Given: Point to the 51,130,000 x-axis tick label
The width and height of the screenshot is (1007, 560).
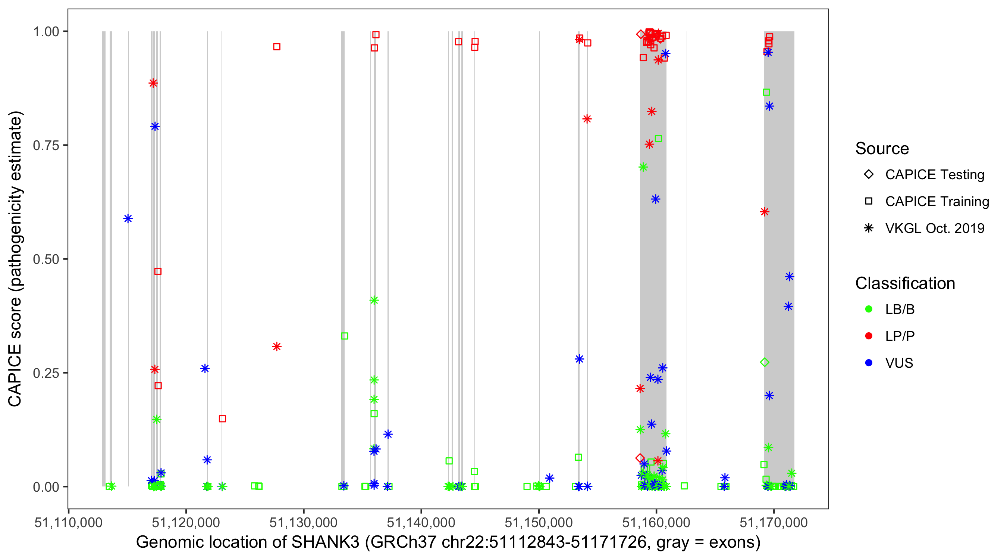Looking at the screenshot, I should pos(303,522).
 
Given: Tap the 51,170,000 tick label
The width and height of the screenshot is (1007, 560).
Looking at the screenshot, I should pos(774,522).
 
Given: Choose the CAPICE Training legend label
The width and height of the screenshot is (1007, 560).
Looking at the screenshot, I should pos(937,201).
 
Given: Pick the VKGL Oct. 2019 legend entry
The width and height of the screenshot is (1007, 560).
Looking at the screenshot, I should pos(934,228).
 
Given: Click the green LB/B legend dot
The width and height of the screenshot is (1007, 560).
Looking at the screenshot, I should pos(869,309).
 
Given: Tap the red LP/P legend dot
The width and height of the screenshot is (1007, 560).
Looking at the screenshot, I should pos(869,336).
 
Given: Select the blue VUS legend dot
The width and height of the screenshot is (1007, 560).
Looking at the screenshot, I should pos(869,363).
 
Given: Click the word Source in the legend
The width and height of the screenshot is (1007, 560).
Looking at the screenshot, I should pos(882,149).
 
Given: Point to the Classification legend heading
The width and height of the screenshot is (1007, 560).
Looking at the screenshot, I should pos(905,283).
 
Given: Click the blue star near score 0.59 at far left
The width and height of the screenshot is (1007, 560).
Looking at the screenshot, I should pos(128,219).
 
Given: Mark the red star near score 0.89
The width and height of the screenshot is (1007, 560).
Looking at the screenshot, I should pos(153,83).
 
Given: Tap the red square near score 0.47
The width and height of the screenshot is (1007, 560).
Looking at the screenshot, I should pos(158,271).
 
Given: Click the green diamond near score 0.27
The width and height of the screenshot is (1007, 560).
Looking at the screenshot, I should pos(765,363).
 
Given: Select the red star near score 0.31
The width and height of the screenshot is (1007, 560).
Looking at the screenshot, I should pos(277,347).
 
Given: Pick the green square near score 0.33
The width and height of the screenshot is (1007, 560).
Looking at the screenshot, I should pos(344,336).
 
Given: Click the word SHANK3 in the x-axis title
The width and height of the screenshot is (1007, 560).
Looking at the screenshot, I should pos(325,542).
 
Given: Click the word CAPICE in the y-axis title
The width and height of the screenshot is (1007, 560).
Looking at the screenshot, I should pos(15,375).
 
